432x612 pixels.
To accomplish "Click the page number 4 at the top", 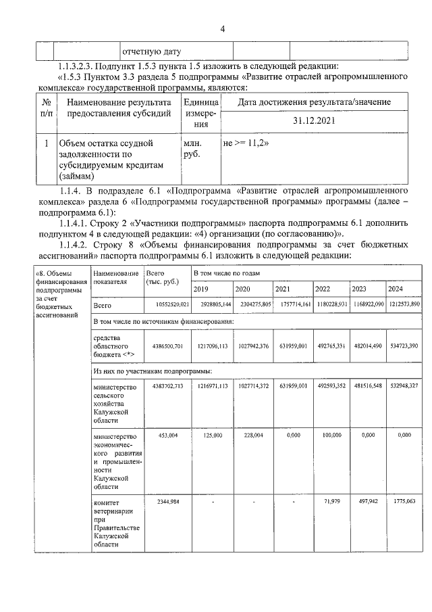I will pos(221,28).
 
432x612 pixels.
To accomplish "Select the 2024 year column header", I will pos(405,289).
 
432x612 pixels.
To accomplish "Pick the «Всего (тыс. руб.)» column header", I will pos(162,277).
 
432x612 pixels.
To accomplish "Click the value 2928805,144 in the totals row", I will pos(212,306).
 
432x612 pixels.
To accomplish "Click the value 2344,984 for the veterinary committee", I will pos(165,502).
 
